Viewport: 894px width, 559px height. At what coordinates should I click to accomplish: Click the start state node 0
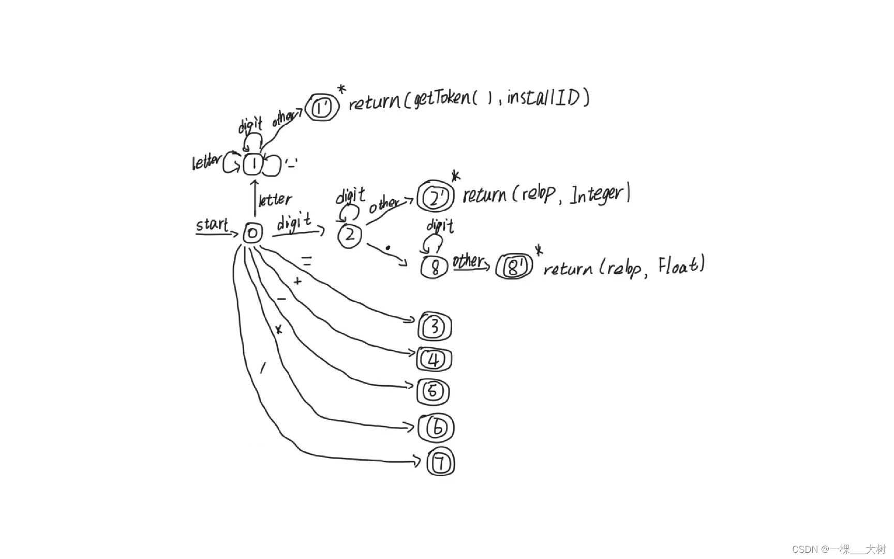(252, 233)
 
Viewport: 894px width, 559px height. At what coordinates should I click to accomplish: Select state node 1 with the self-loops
(254, 165)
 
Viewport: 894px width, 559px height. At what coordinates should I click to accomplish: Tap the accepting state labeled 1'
(322, 108)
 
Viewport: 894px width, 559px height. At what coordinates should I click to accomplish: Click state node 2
(350, 236)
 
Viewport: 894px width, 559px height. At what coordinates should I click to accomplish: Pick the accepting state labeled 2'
(435, 197)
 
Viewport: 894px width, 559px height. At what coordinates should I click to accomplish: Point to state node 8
(435, 267)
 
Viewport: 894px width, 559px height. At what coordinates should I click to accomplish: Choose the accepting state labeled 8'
(514, 267)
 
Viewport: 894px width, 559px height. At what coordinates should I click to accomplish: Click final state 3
(435, 327)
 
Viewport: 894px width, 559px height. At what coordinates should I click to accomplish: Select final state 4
(434, 360)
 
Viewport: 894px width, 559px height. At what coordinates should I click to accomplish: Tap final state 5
(433, 392)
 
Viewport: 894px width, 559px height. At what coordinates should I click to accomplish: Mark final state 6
(436, 428)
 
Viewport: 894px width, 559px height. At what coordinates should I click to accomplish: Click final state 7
(441, 463)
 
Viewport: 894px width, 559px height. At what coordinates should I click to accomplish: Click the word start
(212, 225)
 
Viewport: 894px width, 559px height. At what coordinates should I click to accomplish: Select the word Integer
(598, 194)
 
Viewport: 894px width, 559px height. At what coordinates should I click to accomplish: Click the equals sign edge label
(307, 262)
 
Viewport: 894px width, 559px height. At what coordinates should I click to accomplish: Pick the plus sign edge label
(297, 282)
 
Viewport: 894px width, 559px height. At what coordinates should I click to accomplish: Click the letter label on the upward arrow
(275, 199)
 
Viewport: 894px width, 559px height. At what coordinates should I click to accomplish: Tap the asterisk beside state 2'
(455, 176)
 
